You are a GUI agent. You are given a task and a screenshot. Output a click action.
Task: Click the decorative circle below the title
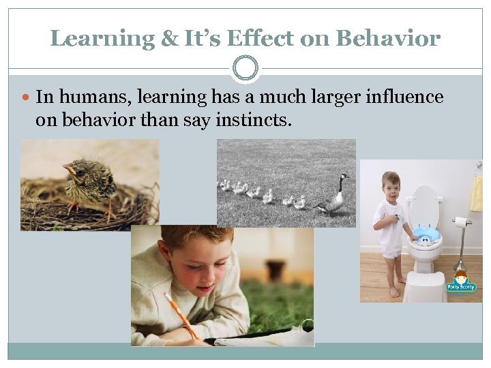click(x=245, y=69)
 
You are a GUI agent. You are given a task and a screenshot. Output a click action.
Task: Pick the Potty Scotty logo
click(x=460, y=280)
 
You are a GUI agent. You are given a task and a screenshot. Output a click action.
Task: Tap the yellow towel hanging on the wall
click(x=477, y=194)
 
